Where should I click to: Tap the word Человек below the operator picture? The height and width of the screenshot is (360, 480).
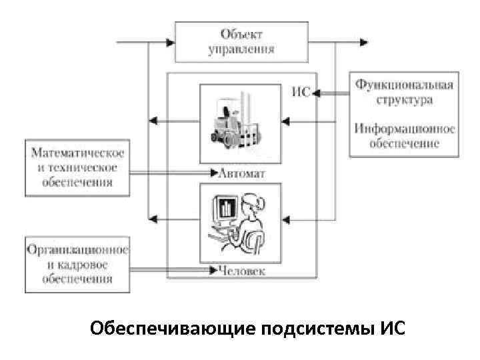[241, 271]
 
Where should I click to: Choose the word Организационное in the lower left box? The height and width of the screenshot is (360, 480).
[77, 250]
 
